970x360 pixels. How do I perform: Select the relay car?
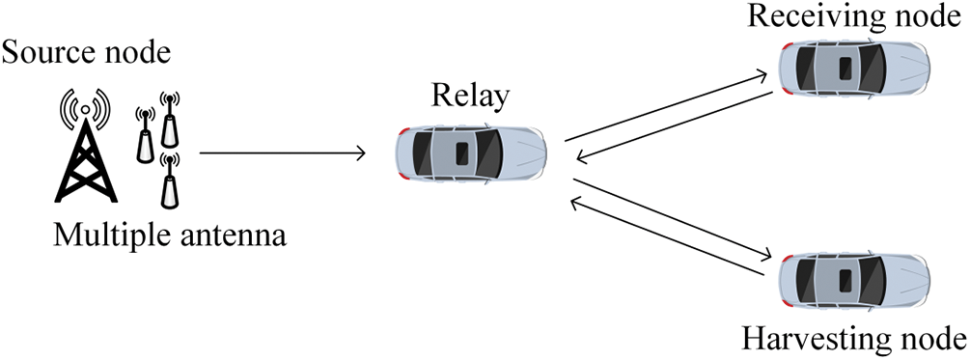(471, 152)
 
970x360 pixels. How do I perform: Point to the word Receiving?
(808, 17)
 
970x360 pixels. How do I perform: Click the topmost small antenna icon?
(171, 116)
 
